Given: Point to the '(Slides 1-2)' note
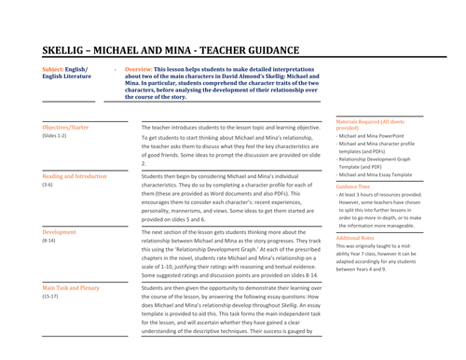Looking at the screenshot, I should (x=56, y=136).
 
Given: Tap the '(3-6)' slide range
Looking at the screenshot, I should (x=48, y=186).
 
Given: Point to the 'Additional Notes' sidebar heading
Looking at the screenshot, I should (x=358, y=238).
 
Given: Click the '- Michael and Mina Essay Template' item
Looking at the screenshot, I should (x=377, y=174).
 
